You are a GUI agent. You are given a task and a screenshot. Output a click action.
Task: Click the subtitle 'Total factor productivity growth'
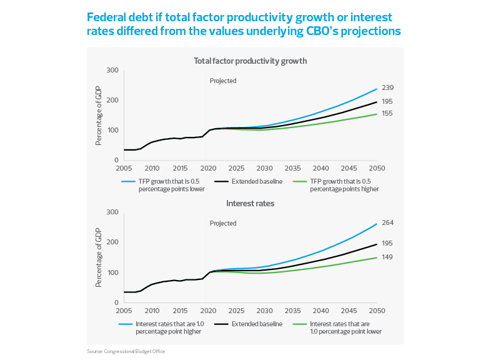(249, 61)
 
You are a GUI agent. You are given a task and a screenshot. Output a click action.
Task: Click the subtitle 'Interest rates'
(249, 204)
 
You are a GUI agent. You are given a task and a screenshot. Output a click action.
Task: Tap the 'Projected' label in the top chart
(223, 81)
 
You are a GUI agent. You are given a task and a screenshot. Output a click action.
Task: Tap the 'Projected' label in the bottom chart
(223, 223)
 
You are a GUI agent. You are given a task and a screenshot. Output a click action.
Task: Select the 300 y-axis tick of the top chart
(112, 71)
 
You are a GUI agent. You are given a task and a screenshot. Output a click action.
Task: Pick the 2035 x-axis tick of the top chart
(292, 169)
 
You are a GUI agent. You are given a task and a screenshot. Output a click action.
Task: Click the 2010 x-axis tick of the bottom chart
(152, 311)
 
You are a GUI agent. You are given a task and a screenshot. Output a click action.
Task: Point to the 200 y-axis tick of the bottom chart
(112, 242)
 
